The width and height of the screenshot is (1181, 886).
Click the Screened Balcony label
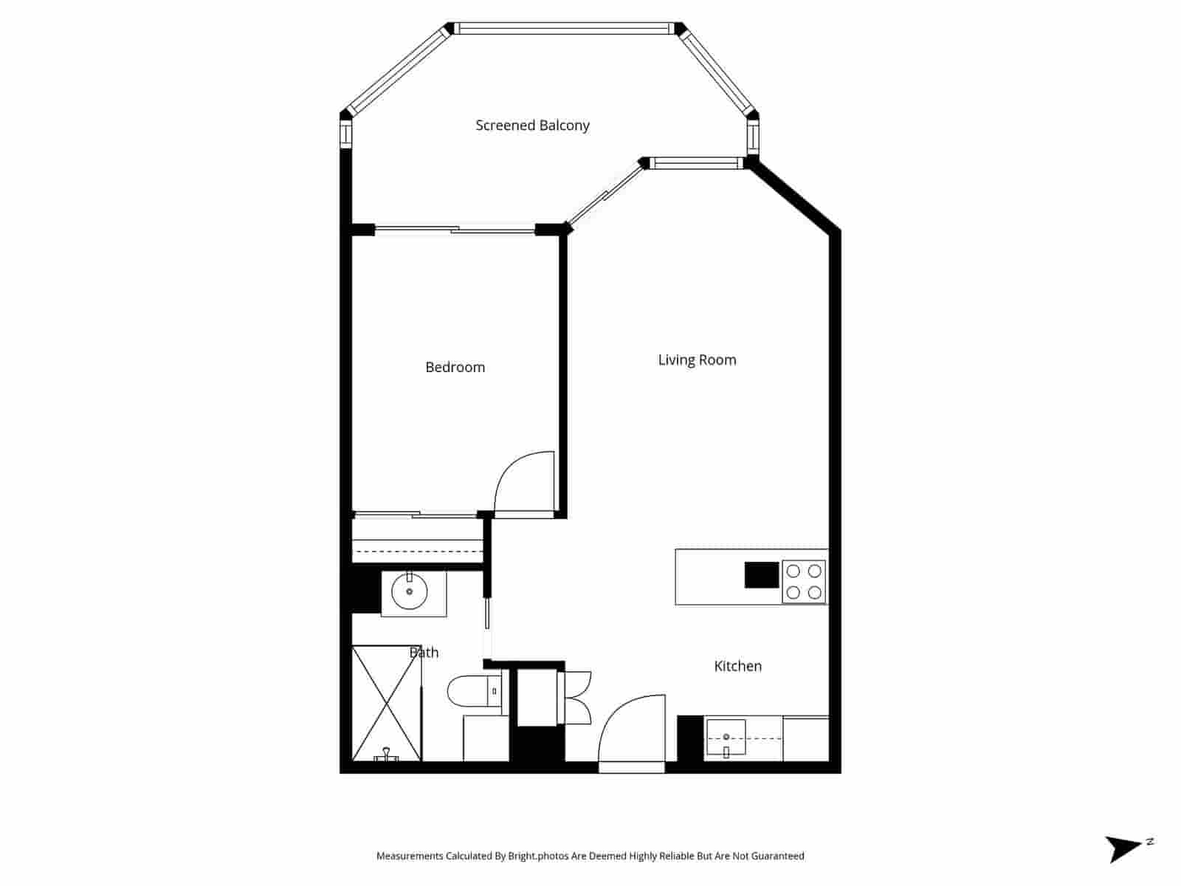point(532,126)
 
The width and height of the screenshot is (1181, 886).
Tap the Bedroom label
point(455,367)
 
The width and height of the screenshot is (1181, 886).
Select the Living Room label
point(697,360)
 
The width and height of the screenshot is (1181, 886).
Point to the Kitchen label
point(737,666)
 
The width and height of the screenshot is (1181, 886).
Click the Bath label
point(424,653)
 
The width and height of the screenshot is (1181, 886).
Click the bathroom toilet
point(472,691)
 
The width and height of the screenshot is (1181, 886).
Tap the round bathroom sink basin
point(409,591)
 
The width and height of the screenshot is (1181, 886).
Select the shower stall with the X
point(386,703)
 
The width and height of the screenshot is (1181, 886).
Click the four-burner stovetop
point(804,582)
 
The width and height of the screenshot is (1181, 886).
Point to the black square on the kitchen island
point(762,575)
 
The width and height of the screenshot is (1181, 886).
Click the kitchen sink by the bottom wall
point(726,738)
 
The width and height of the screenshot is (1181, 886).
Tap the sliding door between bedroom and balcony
point(454,230)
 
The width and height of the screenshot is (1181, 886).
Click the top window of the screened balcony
point(565,29)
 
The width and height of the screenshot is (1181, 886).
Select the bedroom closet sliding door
point(415,515)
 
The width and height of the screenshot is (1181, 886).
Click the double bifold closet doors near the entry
point(576,698)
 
